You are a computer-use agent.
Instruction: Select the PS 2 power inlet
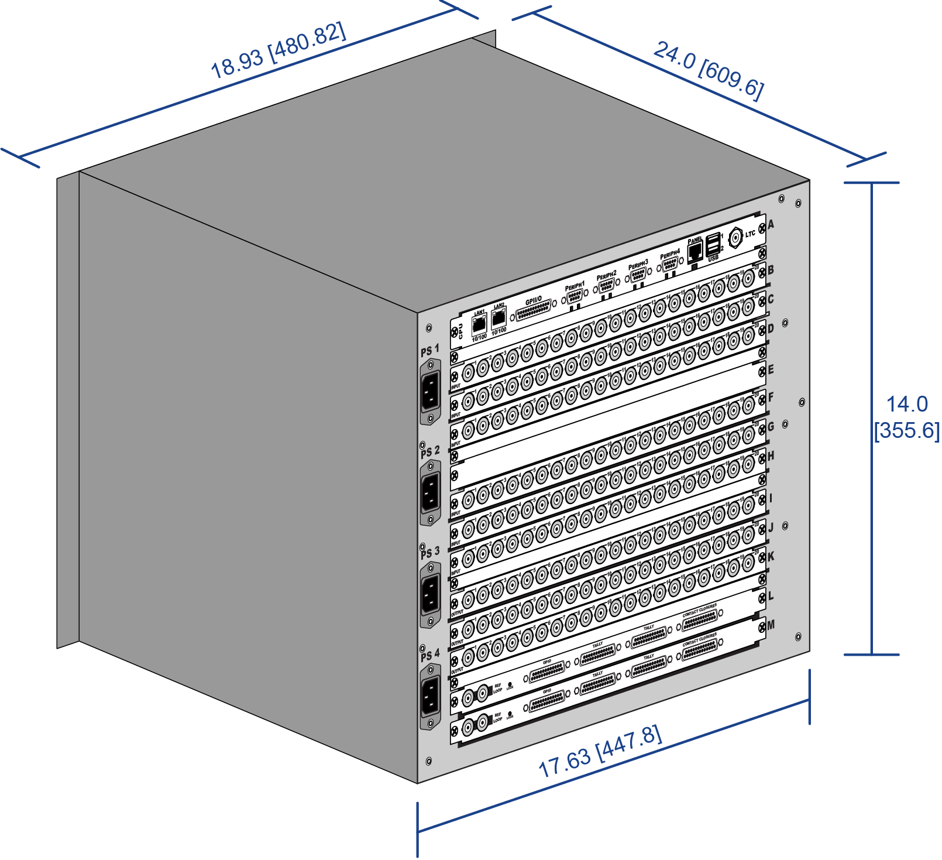pos(430,492)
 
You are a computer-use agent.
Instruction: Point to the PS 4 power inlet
pos(430,696)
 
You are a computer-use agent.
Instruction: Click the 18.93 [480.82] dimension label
pos(278,51)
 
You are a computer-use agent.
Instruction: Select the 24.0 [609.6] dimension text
pos(708,70)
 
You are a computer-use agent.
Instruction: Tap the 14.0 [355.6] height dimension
pos(907,417)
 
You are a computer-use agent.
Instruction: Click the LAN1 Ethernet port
pos(479,324)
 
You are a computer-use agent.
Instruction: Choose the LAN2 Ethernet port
pos(498,318)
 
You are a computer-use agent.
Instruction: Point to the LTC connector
pos(735,237)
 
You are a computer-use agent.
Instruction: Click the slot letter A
pos(771,224)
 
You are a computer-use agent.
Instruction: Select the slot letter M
pos(771,625)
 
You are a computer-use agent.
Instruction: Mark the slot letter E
pos(771,369)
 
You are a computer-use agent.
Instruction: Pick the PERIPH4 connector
pos(670,264)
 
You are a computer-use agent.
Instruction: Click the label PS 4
pos(430,655)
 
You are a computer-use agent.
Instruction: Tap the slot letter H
pos(771,455)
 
